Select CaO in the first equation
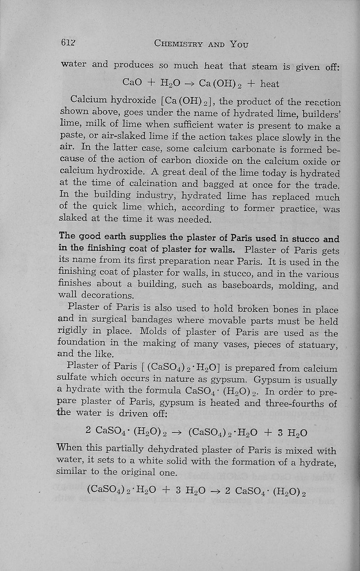pyautogui.click(x=131, y=82)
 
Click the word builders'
pyautogui.click(x=322, y=114)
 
